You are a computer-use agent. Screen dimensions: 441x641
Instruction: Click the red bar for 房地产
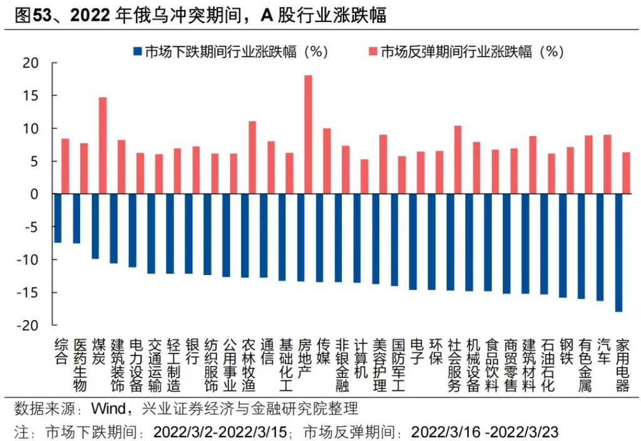point(308,135)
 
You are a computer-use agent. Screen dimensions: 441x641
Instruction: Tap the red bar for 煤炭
point(103,145)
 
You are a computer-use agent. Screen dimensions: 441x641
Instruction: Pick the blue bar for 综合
point(58,218)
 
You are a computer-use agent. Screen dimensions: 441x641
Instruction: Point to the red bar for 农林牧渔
point(252,157)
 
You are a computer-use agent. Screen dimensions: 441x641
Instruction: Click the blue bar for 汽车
point(600,247)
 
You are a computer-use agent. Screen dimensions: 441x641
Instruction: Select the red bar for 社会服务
point(458,160)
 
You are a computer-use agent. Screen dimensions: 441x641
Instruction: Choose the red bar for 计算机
point(364,177)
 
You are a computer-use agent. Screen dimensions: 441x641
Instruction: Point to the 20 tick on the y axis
point(30,63)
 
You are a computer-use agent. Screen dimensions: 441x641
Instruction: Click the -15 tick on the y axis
point(28,293)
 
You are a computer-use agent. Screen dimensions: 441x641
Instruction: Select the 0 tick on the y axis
point(35,194)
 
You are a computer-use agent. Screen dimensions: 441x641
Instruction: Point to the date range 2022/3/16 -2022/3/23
point(484,432)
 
